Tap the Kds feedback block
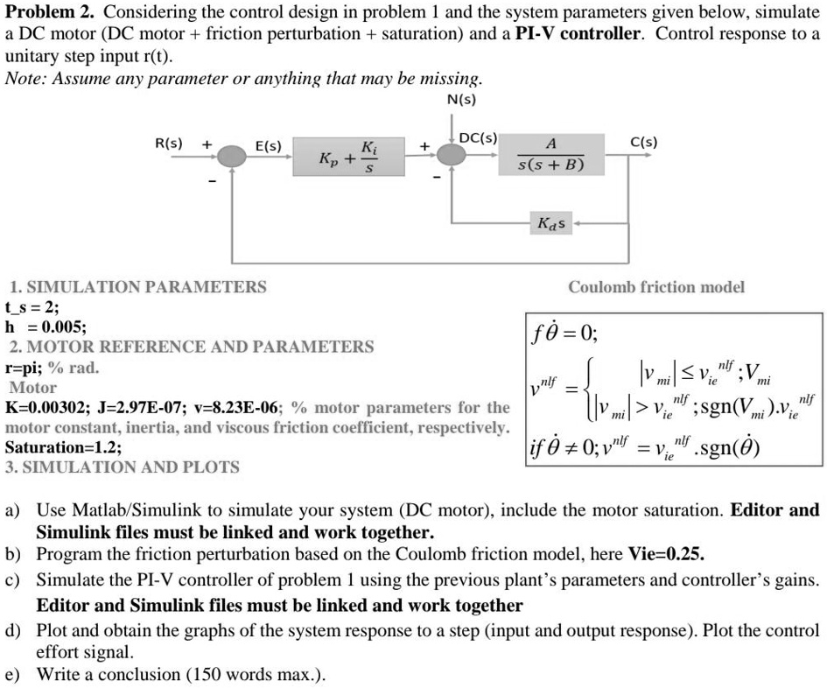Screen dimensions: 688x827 pos(551,224)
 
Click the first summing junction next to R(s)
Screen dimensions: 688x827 pos(232,157)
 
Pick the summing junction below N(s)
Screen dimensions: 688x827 pos(452,157)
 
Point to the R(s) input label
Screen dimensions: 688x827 pos(169,142)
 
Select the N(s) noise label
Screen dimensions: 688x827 pos(461,99)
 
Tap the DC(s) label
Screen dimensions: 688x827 pos(479,138)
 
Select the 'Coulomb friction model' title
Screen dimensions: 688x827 pos(656,286)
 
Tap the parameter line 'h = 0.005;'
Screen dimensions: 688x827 pos(46,326)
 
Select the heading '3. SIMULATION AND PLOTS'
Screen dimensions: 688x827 pos(123,467)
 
